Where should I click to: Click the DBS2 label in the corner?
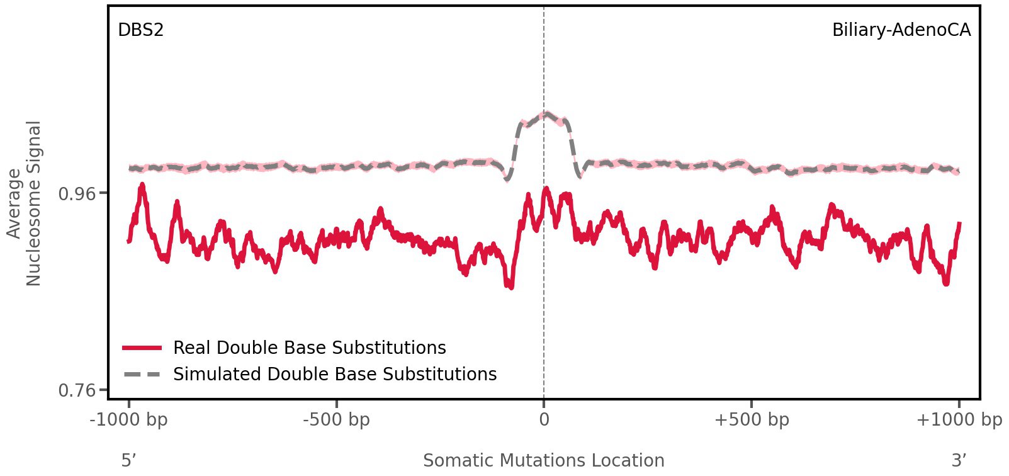[x=140, y=30]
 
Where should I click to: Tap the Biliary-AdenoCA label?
[x=901, y=30]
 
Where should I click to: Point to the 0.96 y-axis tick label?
[x=77, y=193]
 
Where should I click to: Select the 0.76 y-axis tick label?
[x=77, y=391]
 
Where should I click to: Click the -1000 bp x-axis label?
[x=129, y=420]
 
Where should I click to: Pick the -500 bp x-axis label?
[x=336, y=420]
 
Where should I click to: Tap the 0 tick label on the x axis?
[x=544, y=420]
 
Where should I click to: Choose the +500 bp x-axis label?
[x=752, y=420]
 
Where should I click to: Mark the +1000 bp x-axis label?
[x=959, y=420]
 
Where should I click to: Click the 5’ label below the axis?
[x=129, y=460]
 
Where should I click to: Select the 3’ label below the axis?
[x=959, y=460]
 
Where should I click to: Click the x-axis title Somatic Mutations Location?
[x=544, y=460]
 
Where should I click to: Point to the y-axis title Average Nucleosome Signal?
[x=25, y=203]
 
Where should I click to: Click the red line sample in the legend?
[x=143, y=348]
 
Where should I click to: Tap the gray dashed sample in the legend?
[x=143, y=375]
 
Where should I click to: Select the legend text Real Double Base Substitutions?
[x=309, y=348]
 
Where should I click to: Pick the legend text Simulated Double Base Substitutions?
[x=335, y=375]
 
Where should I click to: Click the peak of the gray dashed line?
[x=546, y=114]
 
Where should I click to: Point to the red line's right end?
[x=959, y=224]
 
